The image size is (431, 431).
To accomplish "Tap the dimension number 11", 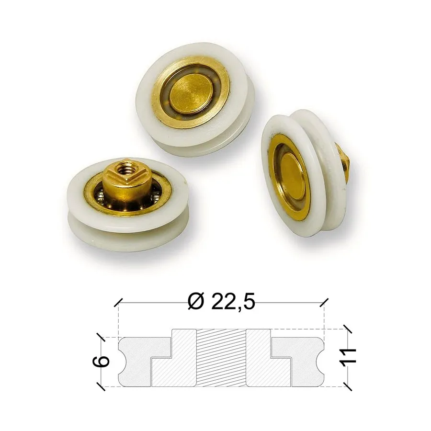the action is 348,357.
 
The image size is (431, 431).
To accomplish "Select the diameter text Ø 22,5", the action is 222,302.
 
